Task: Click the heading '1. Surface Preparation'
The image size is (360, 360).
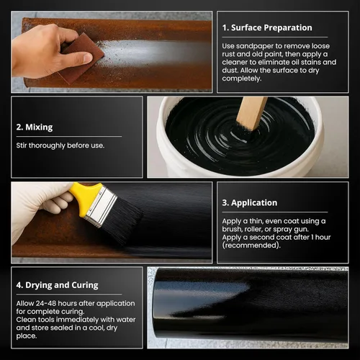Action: [x=267, y=27]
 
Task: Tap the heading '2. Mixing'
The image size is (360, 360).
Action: [x=35, y=127]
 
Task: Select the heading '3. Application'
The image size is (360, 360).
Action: [x=250, y=203]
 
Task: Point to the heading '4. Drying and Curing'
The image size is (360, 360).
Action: [x=57, y=285]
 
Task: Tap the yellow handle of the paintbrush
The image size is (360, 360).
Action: [x=86, y=196]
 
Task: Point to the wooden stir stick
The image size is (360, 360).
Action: [x=252, y=113]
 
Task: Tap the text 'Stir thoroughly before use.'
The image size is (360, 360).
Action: [x=60, y=145]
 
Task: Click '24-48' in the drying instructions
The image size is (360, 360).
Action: [x=46, y=303]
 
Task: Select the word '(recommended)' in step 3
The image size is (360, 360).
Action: [x=251, y=246]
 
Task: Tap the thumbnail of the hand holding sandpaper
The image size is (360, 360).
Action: [x=112, y=52]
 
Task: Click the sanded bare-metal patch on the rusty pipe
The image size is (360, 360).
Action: [x=153, y=53]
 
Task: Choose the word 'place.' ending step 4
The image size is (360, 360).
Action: [x=27, y=336]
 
